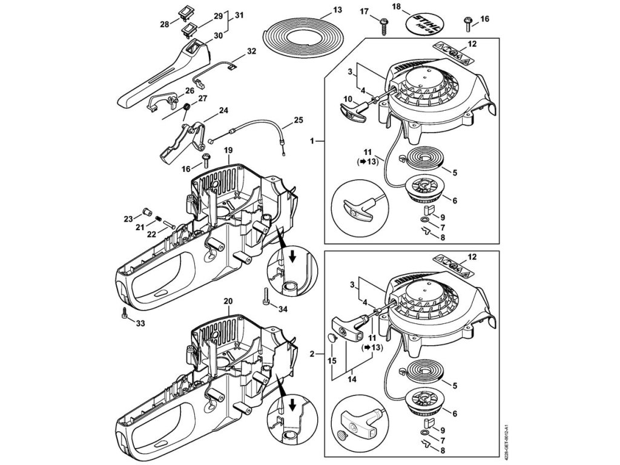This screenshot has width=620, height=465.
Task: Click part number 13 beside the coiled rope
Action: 338,10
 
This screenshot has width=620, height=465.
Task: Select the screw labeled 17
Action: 383,25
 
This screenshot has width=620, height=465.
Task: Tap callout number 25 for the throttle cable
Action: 298,120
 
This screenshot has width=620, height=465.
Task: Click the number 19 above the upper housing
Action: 229,149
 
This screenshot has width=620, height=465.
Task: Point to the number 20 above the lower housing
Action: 228,301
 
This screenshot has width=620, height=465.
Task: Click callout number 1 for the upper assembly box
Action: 312,140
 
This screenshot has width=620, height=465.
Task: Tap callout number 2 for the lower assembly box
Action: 312,352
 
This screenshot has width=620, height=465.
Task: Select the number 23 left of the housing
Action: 128,219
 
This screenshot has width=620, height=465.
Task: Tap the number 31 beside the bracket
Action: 240,15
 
